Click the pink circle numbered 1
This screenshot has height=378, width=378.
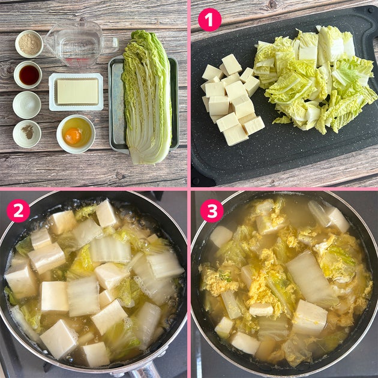(209, 20)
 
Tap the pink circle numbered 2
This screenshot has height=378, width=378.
(19, 211)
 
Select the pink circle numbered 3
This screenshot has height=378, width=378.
(212, 211)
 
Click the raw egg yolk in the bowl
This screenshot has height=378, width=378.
(73, 136)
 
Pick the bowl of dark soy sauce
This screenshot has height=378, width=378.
(28, 75)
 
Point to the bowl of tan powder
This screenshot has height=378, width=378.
(29, 44)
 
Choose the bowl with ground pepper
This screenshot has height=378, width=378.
(27, 134)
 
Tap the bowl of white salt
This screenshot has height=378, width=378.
(27, 104)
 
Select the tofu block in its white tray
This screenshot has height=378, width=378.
(76, 92)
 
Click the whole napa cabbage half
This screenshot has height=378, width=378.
(147, 97)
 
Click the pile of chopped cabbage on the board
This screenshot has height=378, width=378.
(313, 80)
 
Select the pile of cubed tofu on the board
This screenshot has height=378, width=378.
(233, 99)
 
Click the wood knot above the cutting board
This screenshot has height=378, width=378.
(272, 5)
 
